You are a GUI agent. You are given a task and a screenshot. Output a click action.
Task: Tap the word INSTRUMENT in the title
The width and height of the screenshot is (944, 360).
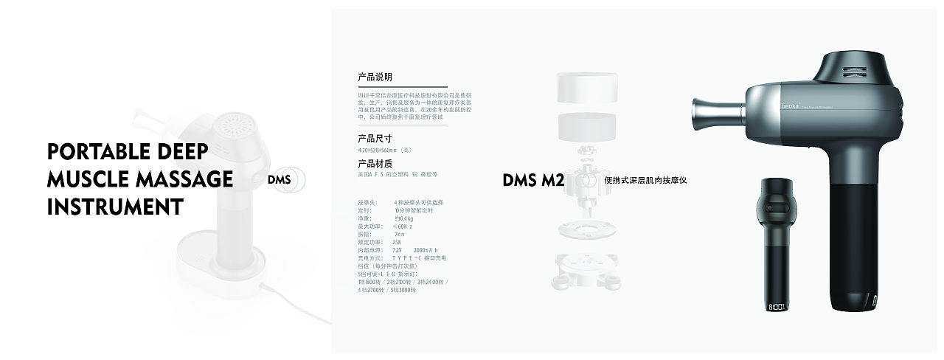tap(114, 207)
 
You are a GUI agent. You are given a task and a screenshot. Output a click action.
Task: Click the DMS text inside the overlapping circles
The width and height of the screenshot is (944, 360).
tap(280, 179)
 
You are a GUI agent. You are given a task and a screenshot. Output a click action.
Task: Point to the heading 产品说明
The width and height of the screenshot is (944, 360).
tap(375, 77)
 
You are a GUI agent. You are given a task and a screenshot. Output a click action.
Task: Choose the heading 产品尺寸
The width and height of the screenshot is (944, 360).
tap(375, 138)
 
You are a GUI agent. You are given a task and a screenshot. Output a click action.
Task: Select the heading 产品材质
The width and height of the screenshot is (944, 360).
tap(375, 164)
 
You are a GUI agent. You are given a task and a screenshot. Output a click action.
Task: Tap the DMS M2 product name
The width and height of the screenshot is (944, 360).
tap(533, 180)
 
